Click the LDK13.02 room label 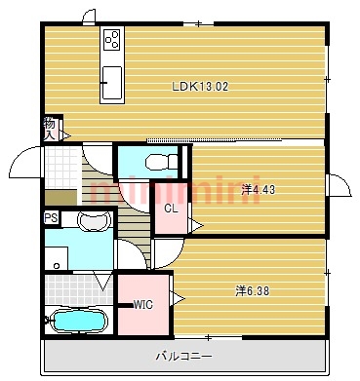point(200,86)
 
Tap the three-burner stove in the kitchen point(111,41)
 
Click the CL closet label point(170,208)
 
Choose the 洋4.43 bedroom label point(258,189)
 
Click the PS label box point(51,218)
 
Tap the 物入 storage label point(50,128)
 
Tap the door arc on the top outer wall point(88,16)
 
